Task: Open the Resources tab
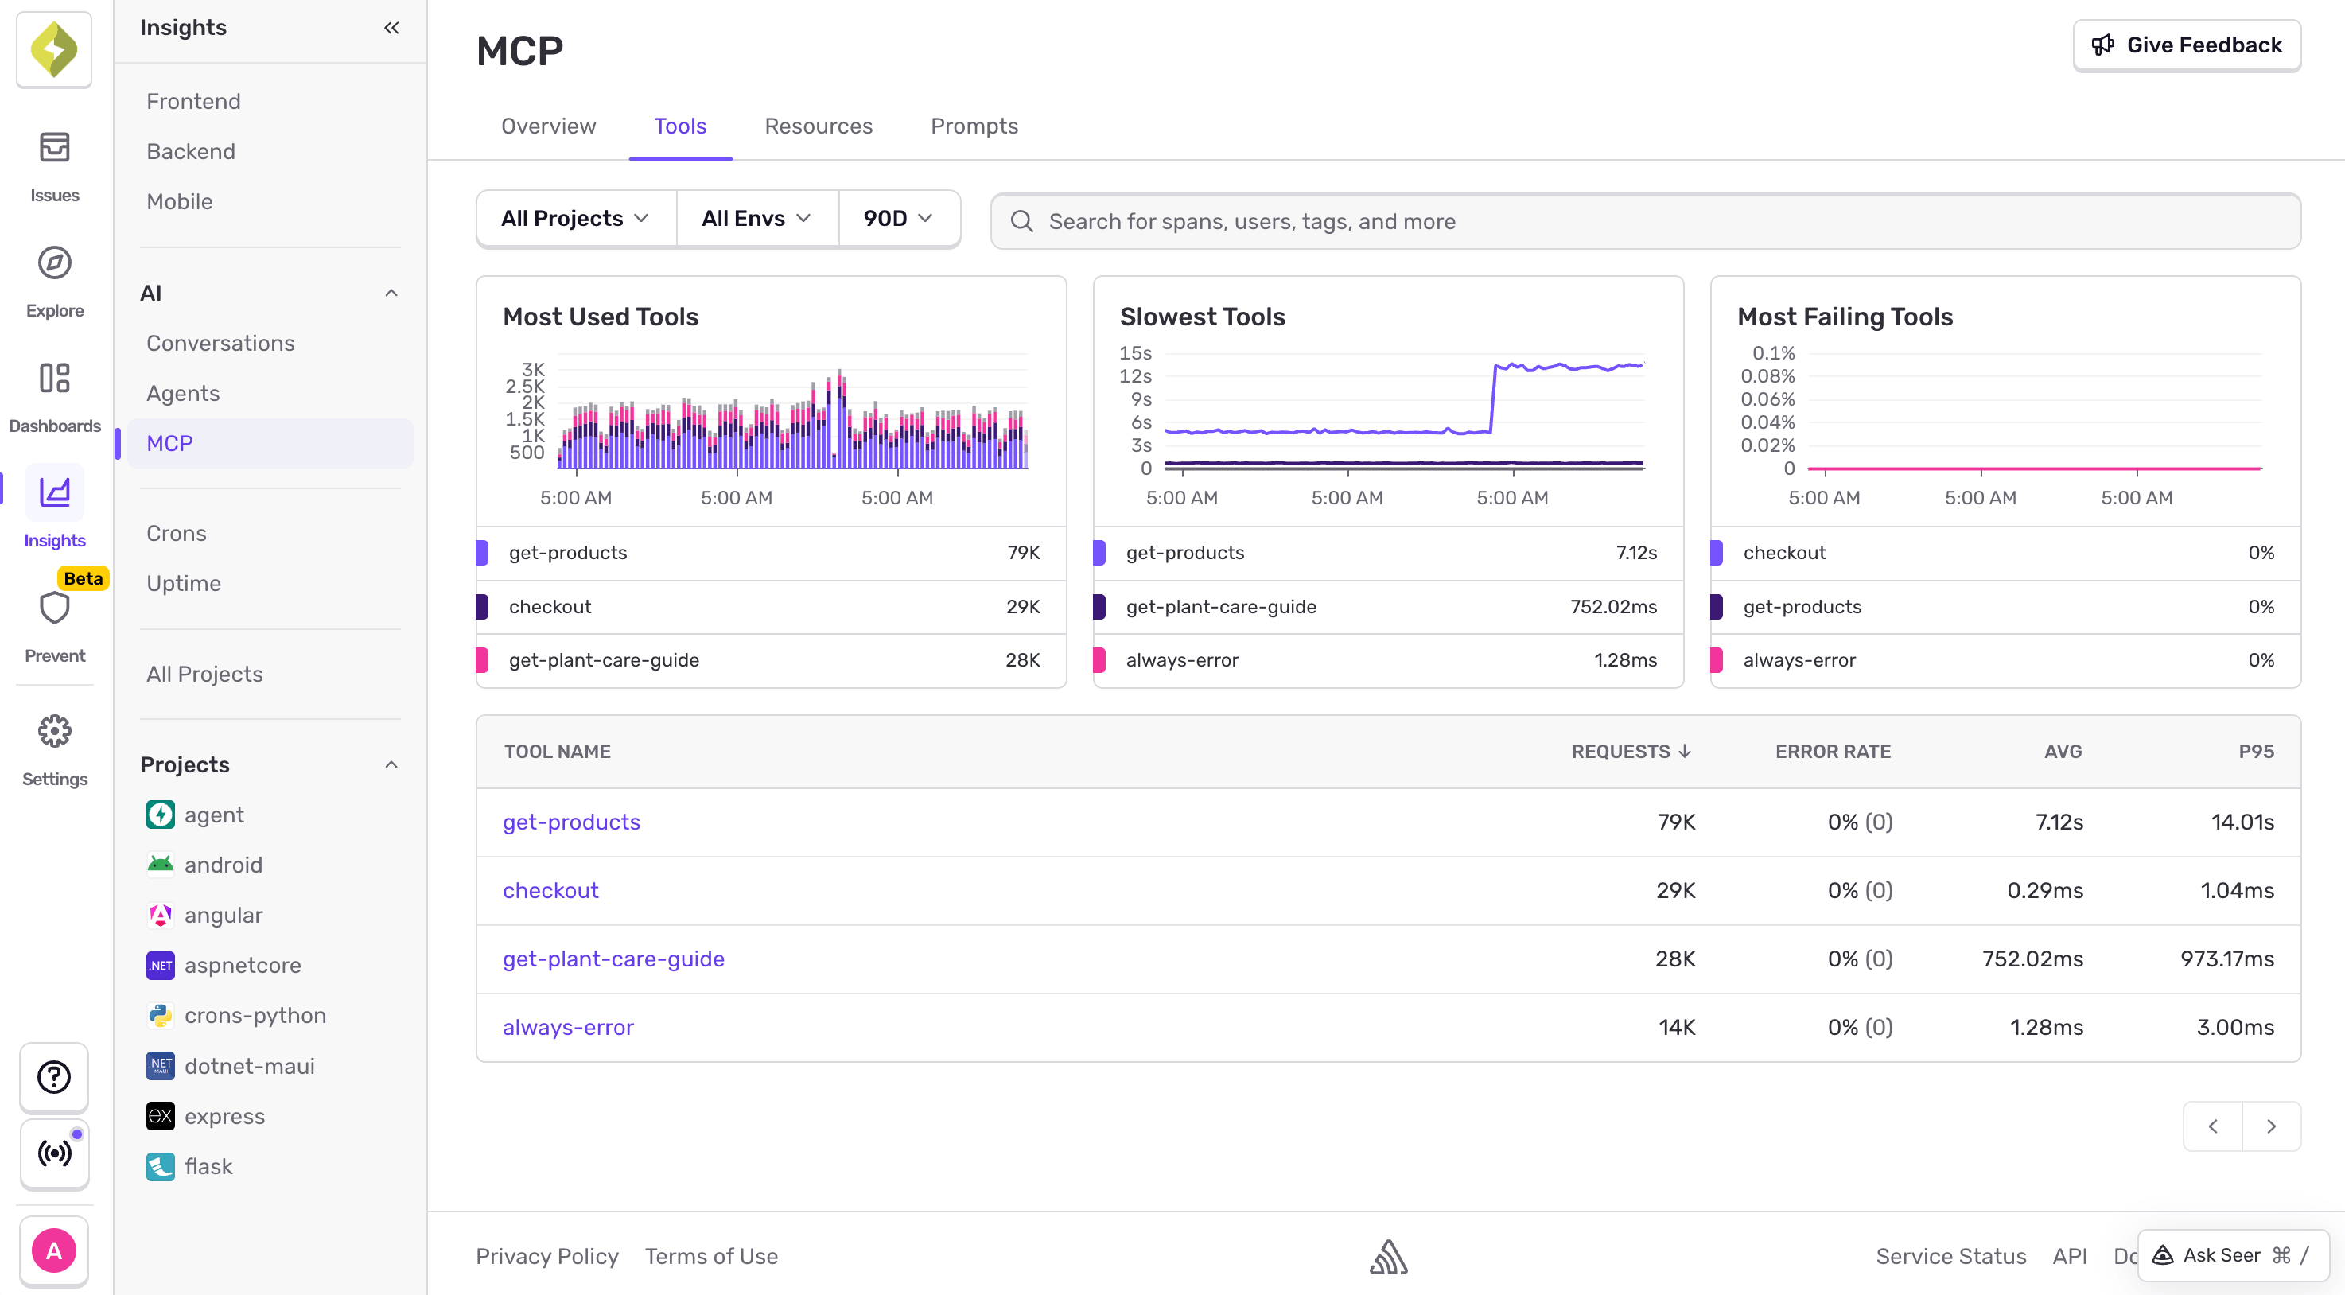tap(818, 126)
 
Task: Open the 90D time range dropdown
tap(897, 219)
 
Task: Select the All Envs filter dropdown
tap(756, 219)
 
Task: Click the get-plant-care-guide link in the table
tap(612, 959)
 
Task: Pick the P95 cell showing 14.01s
tap(2242, 822)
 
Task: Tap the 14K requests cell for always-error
tap(1676, 1027)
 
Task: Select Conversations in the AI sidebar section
tap(220, 343)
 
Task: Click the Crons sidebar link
tap(177, 533)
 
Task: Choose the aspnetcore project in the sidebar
tap(242, 965)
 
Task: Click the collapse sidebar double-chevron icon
tap(391, 27)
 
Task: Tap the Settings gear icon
tap(55, 731)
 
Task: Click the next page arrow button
tap(2270, 1126)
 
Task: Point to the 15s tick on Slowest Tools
tap(1135, 353)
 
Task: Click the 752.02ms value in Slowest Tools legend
tap(1612, 606)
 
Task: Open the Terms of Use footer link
tap(711, 1256)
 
